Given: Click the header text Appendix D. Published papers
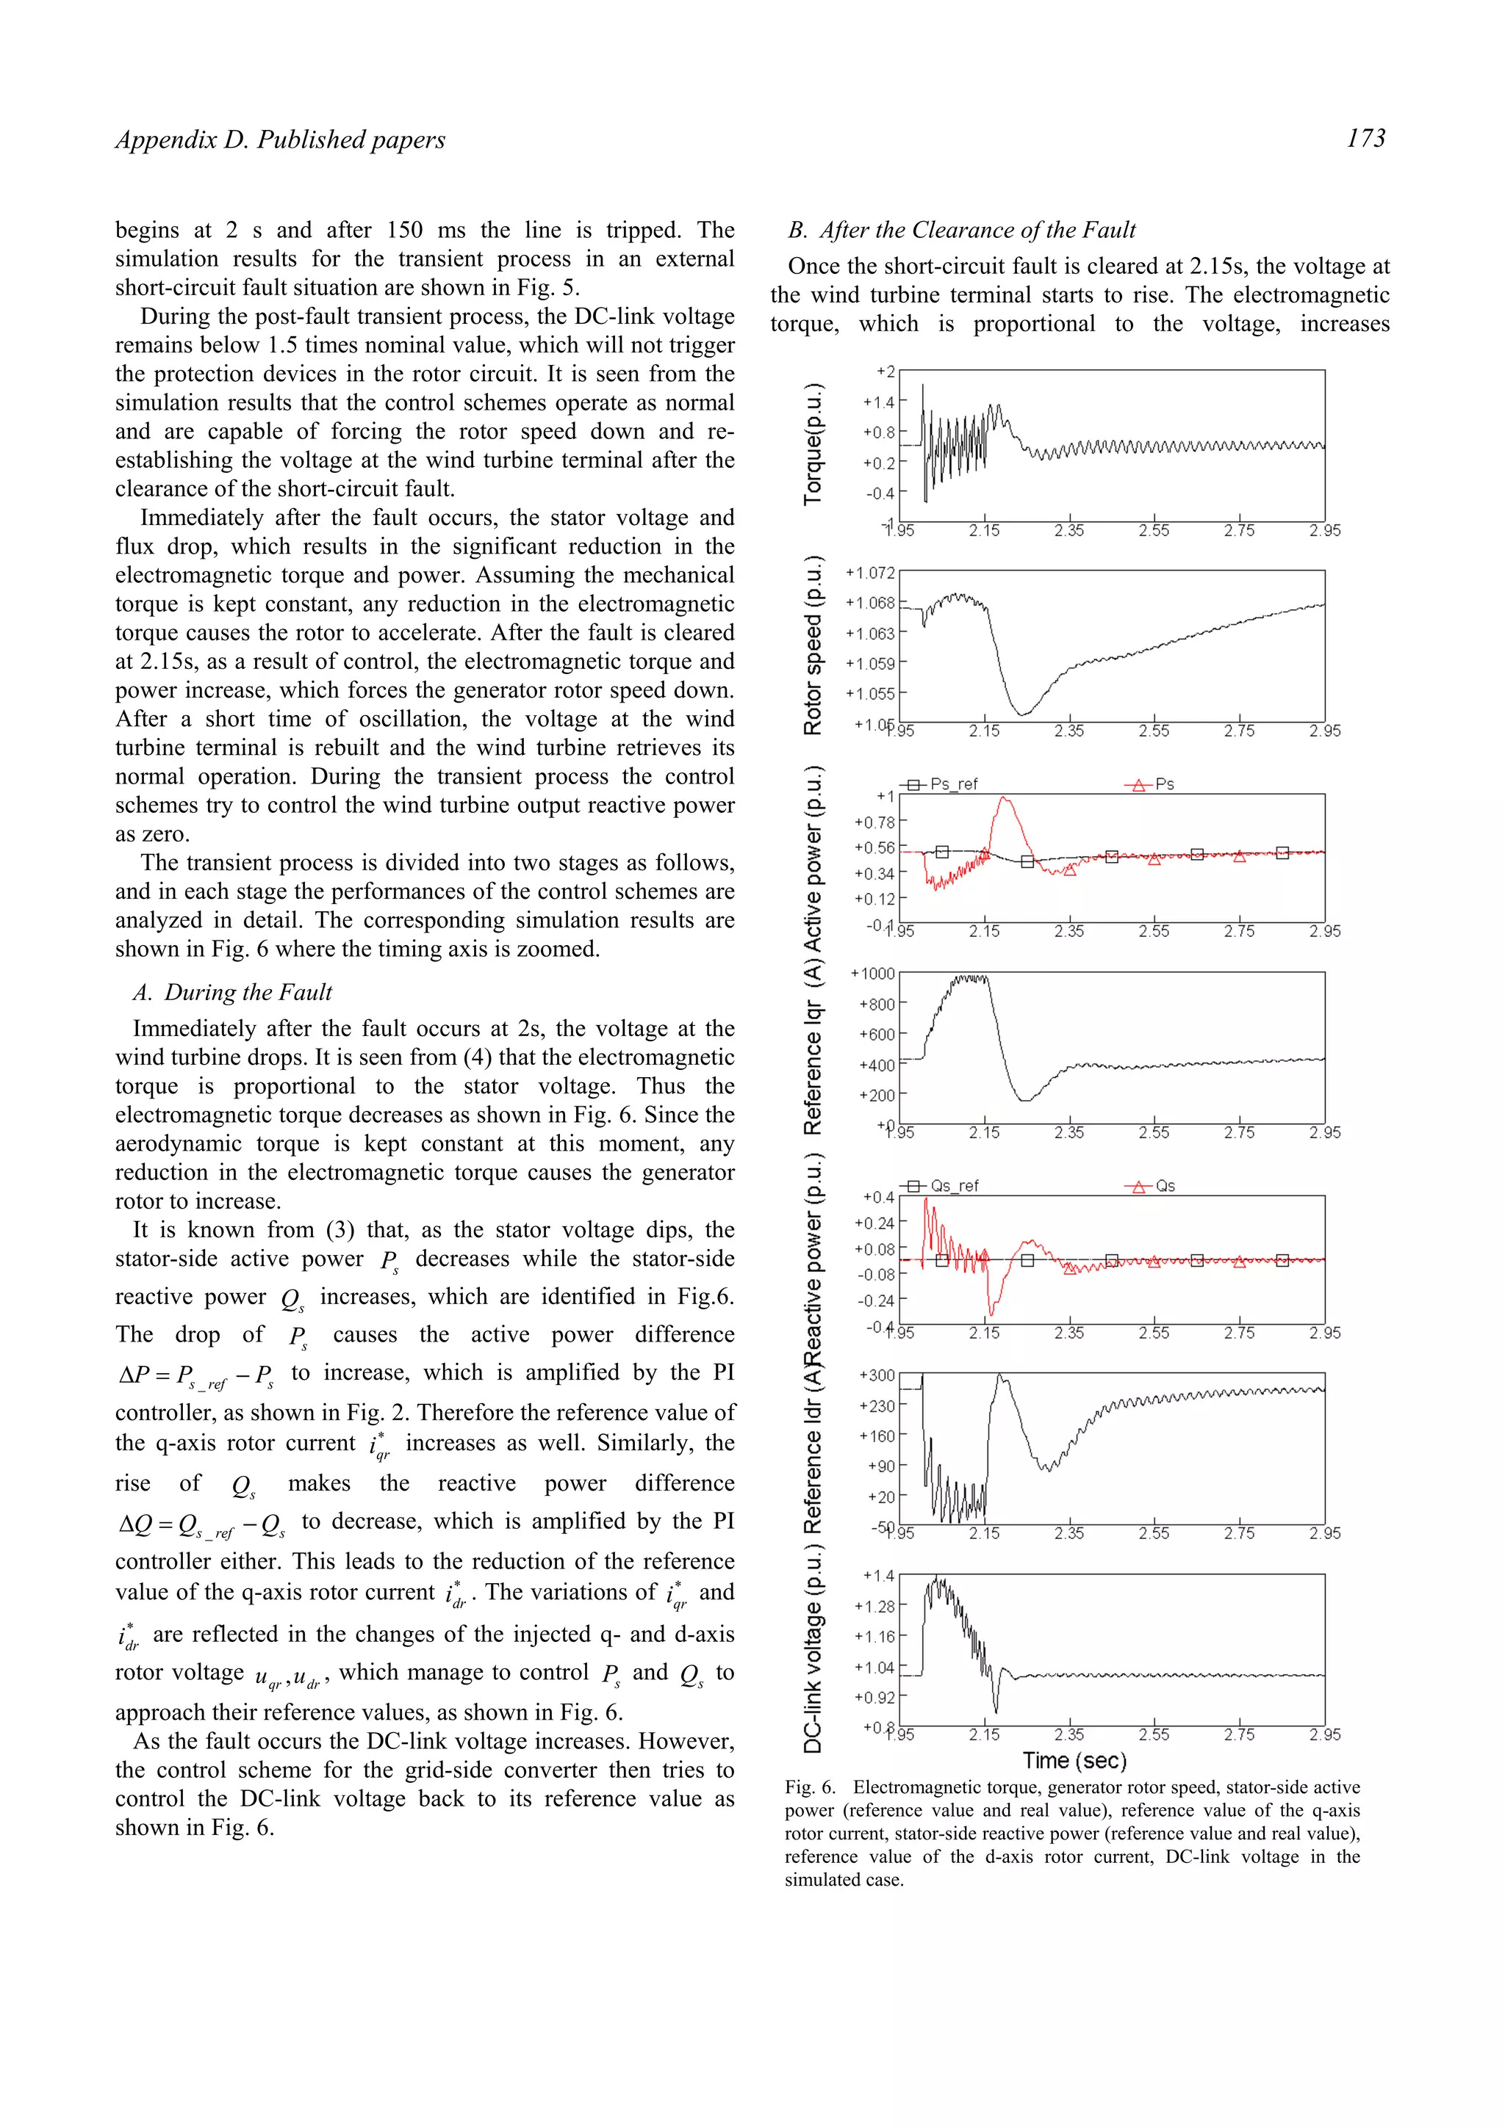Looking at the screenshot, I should coord(280,140).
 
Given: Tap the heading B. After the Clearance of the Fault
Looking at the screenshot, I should coord(962,230).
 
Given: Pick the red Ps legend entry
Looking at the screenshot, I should coord(1151,784).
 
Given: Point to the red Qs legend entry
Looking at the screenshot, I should coord(1151,1187).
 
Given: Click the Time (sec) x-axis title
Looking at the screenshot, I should coord(1074,1761).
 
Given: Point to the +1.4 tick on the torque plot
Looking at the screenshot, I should coord(878,402).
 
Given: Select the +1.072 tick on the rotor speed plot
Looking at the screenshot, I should coord(870,573).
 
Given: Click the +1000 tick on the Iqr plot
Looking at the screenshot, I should coord(872,974).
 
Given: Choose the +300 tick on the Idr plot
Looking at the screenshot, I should coord(877,1375).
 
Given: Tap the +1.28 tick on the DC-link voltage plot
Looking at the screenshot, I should coord(874,1606).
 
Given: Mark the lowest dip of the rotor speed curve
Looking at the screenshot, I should coord(1022,714).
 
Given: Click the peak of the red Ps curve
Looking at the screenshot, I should coord(1005,798).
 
